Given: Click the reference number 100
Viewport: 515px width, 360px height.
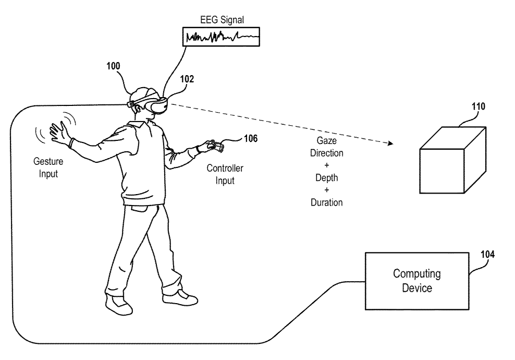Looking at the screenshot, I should click(x=113, y=66).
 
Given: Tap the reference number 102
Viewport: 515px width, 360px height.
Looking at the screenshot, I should click(x=187, y=79).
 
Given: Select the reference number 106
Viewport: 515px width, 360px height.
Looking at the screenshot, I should click(x=250, y=138).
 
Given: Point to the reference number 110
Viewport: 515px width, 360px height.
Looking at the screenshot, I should click(x=479, y=107).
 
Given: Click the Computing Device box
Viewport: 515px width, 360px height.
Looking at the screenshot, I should click(x=417, y=280).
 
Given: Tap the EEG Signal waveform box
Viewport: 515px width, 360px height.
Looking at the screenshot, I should click(x=222, y=38).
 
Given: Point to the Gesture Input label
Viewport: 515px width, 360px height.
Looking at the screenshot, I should click(x=48, y=168).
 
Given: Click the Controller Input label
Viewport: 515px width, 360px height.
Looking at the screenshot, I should click(x=225, y=174).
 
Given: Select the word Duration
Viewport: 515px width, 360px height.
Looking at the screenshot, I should click(x=326, y=202).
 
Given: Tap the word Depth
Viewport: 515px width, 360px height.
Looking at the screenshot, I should click(x=326, y=178).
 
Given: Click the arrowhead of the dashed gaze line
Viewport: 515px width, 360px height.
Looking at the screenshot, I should click(x=390, y=142).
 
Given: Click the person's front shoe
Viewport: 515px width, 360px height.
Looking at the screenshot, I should click(x=180, y=299).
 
